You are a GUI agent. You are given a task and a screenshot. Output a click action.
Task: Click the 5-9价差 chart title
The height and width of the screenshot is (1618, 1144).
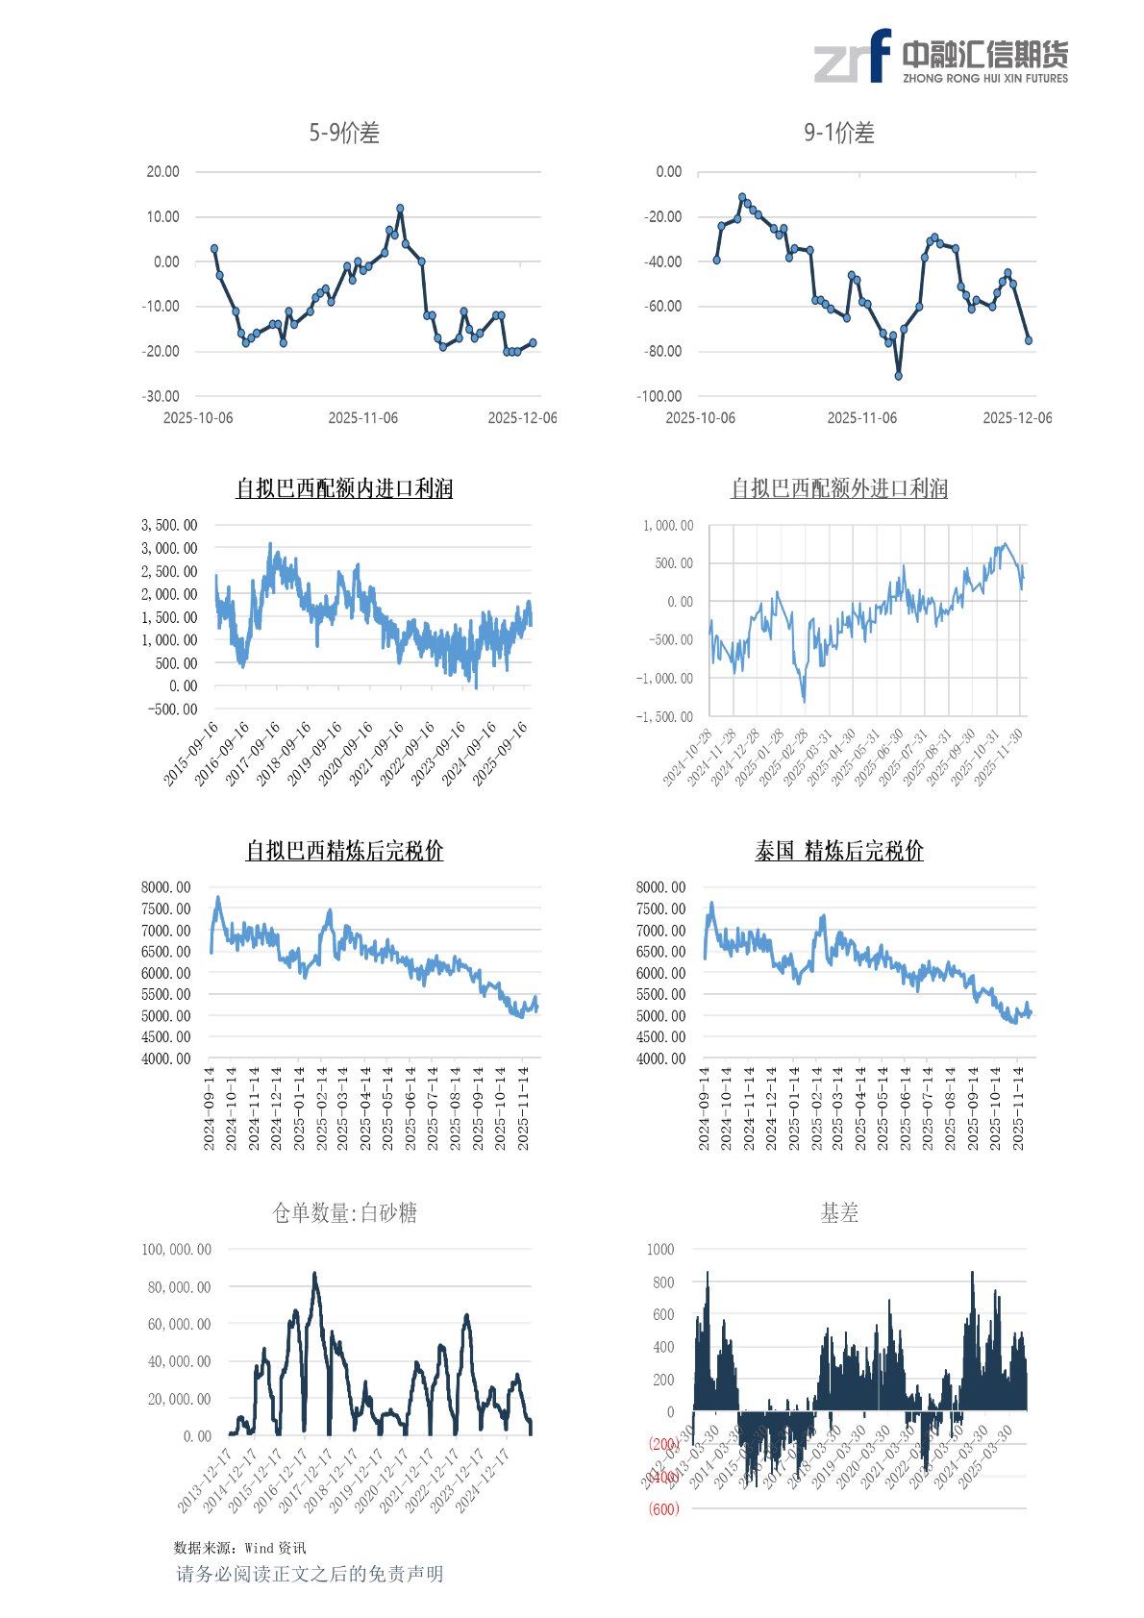coord(344,134)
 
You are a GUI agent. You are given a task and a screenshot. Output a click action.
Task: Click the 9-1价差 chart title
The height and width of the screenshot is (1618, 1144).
coord(839,134)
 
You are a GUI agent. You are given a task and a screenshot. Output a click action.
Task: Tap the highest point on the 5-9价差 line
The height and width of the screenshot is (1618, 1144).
coord(400,209)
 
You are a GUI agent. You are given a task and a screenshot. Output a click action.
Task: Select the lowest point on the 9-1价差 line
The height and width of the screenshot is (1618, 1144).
coord(899,376)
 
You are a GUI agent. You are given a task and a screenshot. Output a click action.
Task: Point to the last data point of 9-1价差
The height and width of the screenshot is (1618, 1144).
coord(1029,340)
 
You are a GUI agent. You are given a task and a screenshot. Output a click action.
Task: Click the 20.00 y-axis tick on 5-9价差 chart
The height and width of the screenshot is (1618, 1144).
coord(162,172)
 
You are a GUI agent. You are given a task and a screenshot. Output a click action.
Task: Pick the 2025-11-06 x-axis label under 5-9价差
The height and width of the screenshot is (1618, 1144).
coord(362,418)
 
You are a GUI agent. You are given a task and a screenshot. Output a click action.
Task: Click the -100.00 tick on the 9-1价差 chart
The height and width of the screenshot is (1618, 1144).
coord(659,396)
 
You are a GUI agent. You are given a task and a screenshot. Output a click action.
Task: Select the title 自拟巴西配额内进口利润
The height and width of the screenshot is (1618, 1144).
coord(344,489)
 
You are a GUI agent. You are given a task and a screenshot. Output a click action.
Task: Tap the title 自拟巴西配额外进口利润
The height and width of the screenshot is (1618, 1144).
coord(839,489)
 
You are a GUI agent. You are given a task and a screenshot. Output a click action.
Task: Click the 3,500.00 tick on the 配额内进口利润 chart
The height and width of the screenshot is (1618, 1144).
coord(169,525)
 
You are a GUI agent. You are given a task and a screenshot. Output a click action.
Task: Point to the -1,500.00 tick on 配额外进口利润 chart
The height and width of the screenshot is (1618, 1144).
coord(664,717)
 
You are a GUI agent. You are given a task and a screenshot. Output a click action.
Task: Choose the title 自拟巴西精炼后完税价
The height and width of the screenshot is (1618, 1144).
coord(344,851)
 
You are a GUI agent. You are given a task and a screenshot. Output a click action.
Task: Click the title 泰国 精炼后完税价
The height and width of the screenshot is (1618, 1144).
coord(839,851)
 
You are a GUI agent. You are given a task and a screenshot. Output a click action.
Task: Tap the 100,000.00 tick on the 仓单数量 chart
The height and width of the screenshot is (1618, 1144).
coord(176,1250)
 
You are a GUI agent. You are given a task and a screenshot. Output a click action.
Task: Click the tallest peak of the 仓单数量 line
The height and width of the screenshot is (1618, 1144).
coord(314,1275)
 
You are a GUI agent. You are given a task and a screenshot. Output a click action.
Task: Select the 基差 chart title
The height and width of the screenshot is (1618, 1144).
coord(839,1213)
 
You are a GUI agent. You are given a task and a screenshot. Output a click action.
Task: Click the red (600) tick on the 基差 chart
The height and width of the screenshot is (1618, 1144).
coord(663,1509)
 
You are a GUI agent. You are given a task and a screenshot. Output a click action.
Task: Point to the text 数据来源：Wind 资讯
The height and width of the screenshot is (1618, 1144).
coord(239,1548)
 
